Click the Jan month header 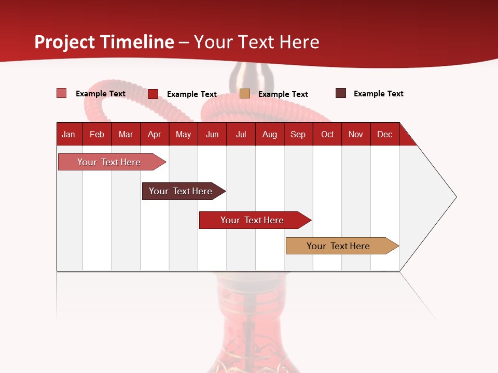click(x=68, y=134)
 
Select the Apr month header click(x=154, y=134)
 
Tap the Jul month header click(x=241, y=134)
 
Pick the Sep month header click(x=298, y=134)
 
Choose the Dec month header click(x=384, y=134)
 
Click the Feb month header click(x=97, y=134)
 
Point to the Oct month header click(x=327, y=134)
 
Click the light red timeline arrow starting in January click(x=109, y=162)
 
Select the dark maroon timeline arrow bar click(x=181, y=191)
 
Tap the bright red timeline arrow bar click(x=252, y=220)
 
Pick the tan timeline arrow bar click(x=338, y=246)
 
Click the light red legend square click(x=61, y=93)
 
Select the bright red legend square click(x=153, y=94)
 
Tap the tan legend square click(x=245, y=93)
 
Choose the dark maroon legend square click(x=341, y=93)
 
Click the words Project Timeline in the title click(x=104, y=42)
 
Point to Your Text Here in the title click(x=256, y=42)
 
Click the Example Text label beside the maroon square click(x=378, y=94)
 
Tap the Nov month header click(x=356, y=134)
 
